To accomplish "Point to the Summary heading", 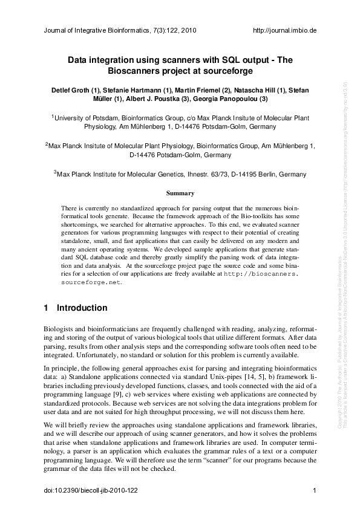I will [180, 193].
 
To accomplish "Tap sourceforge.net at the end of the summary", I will [91, 282].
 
